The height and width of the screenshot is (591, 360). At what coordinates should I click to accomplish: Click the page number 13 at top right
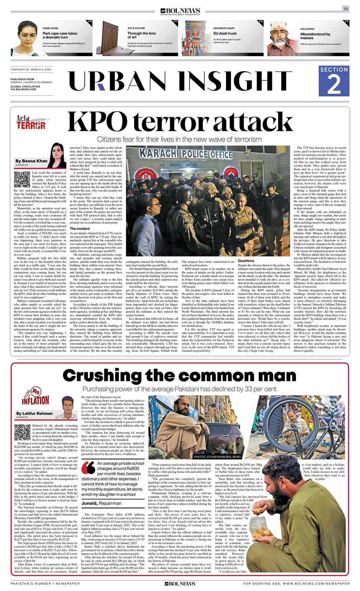click(346, 9)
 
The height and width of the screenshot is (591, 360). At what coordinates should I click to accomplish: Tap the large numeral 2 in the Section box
click(334, 85)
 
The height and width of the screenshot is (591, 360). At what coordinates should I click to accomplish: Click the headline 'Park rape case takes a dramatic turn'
click(60, 35)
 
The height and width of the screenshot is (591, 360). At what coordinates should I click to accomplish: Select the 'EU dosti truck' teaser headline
click(225, 33)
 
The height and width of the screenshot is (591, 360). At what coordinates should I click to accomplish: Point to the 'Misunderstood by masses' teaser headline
click(315, 36)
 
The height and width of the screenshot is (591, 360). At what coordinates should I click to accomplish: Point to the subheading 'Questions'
click(246, 261)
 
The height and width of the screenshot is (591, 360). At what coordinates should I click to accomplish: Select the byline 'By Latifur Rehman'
click(35, 414)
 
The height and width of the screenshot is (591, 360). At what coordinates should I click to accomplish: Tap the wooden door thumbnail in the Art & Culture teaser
click(109, 38)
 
